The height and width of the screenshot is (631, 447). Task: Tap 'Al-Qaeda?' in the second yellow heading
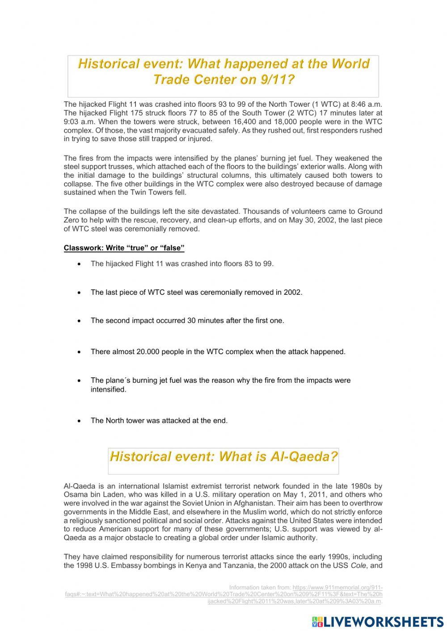coord(304,456)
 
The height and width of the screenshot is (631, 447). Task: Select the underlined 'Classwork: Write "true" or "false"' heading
coord(124,248)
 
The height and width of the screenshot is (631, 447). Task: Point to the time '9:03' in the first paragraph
coord(72,121)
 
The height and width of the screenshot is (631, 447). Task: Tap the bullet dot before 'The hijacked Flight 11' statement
coord(79,264)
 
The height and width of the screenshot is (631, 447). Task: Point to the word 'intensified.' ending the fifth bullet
coord(109,389)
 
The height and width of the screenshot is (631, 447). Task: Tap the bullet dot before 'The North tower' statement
coord(79,421)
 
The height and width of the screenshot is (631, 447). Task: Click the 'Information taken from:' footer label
coord(259,587)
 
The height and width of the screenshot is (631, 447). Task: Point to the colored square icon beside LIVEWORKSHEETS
coord(316,621)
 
